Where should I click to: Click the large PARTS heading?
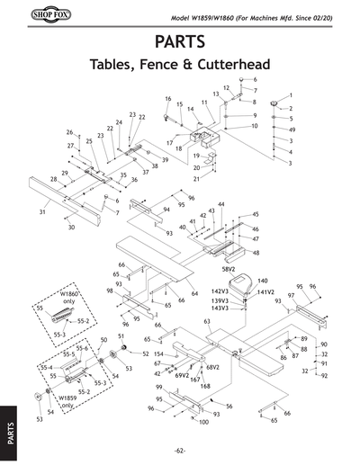[x=180, y=41]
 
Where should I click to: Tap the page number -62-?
[x=180, y=450]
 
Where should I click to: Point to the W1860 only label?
[x=70, y=299]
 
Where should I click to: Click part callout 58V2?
[x=234, y=268]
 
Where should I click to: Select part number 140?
[x=263, y=281]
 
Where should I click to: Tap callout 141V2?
[x=265, y=291]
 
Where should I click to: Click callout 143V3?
[x=220, y=309]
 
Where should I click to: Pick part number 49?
[x=317, y=130]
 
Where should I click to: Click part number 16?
[x=167, y=98]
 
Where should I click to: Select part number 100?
[x=204, y=422]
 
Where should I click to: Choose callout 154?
[x=158, y=354]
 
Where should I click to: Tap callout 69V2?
[x=182, y=374]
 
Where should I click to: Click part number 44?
[x=220, y=205]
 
